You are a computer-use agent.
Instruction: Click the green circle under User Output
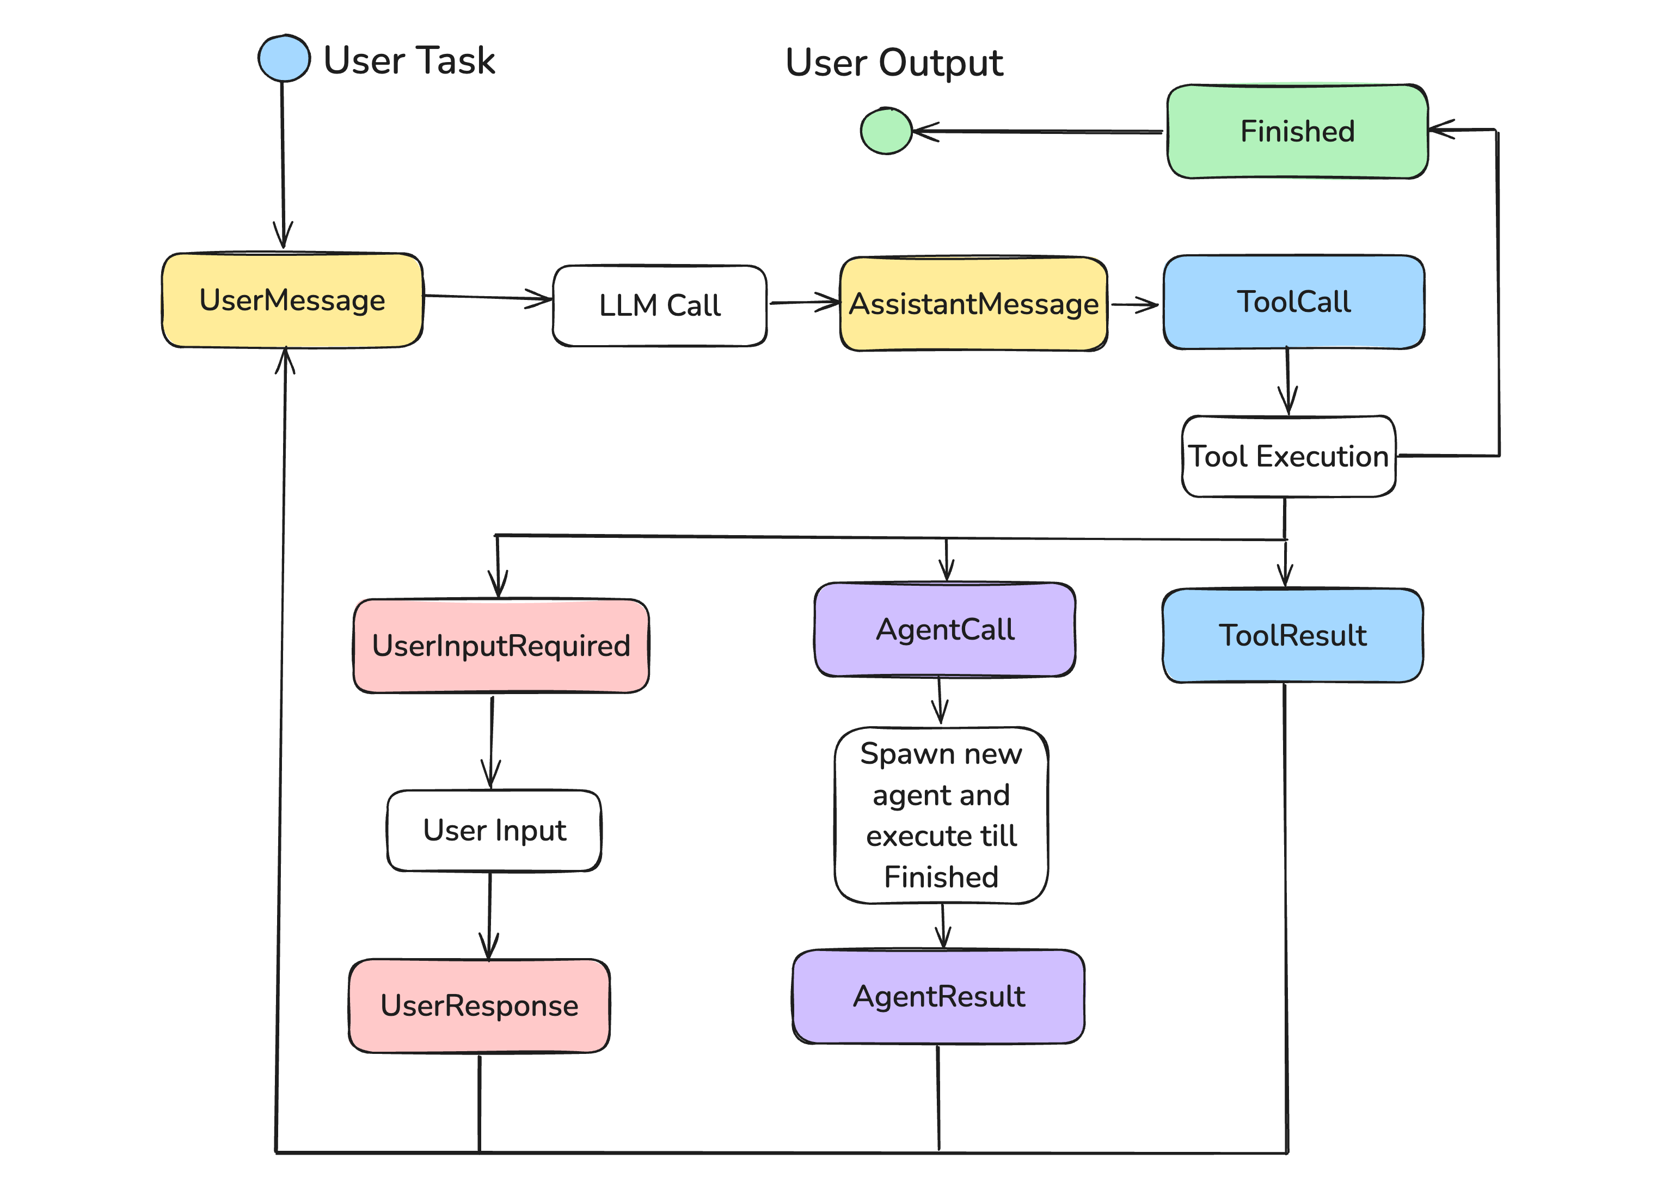tap(886, 131)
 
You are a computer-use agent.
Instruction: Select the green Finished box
tap(1297, 132)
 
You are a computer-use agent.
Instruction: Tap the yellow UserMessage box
tap(292, 300)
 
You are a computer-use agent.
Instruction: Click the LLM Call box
tap(659, 305)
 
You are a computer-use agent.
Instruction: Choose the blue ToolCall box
tap(1293, 302)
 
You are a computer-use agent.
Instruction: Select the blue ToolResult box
tap(1292, 635)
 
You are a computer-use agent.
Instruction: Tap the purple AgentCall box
tap(944, 629)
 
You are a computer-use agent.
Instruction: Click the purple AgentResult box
tap(938, 997)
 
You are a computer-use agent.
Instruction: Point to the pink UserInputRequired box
tap(501, 646)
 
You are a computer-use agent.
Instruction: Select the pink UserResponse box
tap(479, 1005)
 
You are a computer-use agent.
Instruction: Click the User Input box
tap(494, 830)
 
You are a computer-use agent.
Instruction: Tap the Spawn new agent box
tap(941, 815)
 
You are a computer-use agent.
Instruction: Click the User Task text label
tap(409, 60)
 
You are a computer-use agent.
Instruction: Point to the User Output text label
tap(894, 63)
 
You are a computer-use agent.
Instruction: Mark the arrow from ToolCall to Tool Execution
tap(1287, 381)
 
